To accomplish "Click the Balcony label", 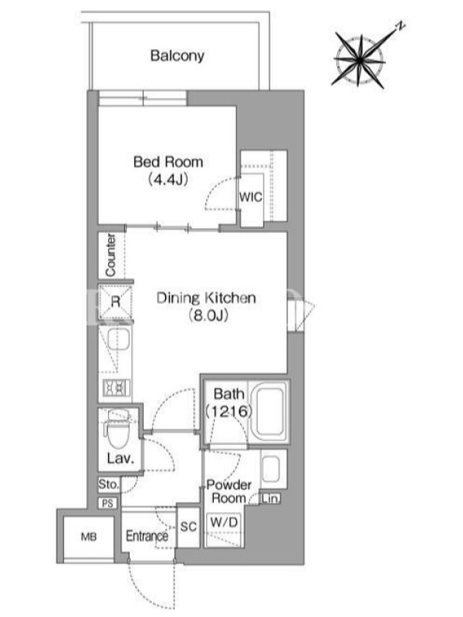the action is click(177, 56).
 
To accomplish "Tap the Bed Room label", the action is click(168, 162).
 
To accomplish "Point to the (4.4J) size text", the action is click(168, 180).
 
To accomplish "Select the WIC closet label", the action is click(251, 197).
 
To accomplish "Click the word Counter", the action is click(110, 255).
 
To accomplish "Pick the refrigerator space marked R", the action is click(115, 302).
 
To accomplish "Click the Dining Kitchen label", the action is click(206, 298).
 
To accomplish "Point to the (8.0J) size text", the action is click(208, 315).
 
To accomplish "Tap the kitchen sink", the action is click(119, 339).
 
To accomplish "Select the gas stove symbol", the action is click(117, 388).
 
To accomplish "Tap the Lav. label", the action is click(120, 457).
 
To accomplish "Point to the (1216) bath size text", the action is click(228, 411).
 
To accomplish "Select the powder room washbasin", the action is click(271, 468).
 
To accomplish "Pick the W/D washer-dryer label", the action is click(225, 522).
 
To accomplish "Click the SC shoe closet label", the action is click(188, 527).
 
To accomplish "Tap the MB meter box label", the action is click(89, 536).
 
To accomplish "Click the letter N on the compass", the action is click(400, 27).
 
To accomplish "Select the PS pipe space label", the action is click(107, 503).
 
